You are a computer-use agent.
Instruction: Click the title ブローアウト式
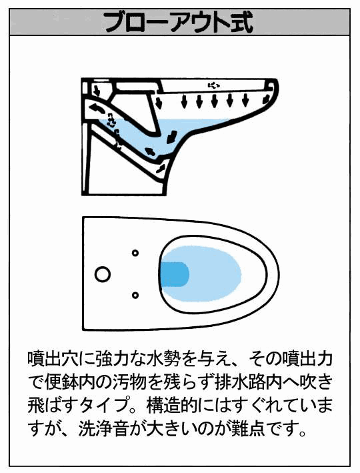tap(178, 23)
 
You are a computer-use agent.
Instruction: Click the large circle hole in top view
tap(103, 274)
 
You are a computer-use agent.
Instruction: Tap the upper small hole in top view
tap(135, 253)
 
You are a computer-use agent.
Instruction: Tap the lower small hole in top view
tap(135, 295)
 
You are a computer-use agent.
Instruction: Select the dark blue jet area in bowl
tap(175, 274)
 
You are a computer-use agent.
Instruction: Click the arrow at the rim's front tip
tap(267, 99)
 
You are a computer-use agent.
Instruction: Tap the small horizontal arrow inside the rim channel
tap(213, 85)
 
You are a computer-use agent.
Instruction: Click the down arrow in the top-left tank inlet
tap(97, 90)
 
